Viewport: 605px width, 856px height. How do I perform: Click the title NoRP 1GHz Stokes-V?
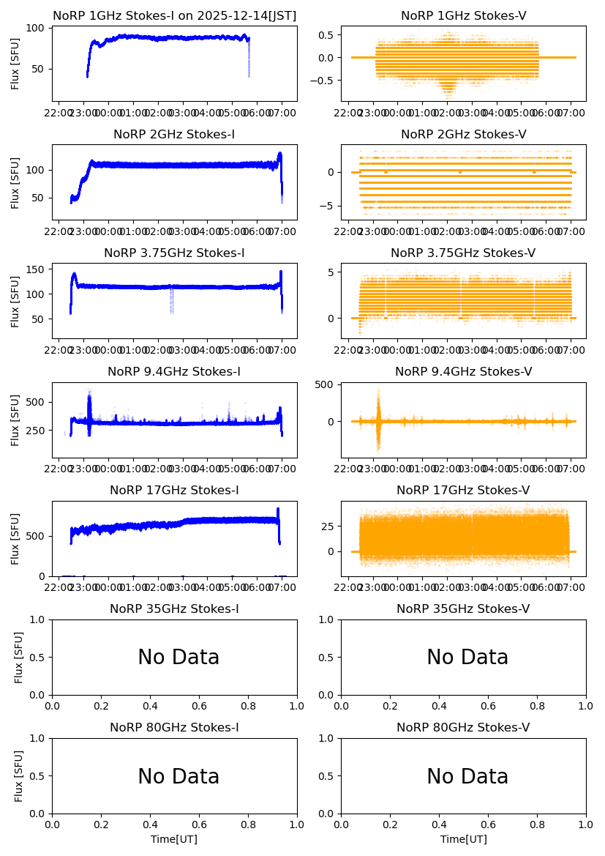click(x=463, y=16)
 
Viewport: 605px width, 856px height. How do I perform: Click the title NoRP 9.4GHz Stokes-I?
click(x=174, y=372)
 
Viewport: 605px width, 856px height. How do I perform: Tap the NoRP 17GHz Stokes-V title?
click(x=463, y=491)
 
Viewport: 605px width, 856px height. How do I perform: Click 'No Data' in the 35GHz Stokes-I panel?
click(x=179, y=658)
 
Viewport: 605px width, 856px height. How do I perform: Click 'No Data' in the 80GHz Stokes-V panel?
click(x=467, y=776)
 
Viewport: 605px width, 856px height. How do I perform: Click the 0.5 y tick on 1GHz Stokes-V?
click(x=326, y=34)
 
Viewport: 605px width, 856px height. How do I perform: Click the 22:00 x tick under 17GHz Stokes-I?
click(x=59, y=587)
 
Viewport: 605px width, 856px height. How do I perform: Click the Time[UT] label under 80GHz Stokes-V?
click(x=463, y=839)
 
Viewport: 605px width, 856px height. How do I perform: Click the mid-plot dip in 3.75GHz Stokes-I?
click(x=172, y=300)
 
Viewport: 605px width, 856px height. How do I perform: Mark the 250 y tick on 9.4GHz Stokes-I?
click(x=35, y=431)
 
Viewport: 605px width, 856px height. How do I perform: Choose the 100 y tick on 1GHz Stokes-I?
click(x=35, y=29)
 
